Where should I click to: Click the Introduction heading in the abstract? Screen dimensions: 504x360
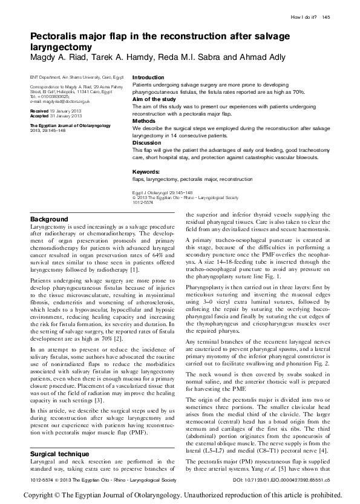148,78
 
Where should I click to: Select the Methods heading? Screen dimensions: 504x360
144,121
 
